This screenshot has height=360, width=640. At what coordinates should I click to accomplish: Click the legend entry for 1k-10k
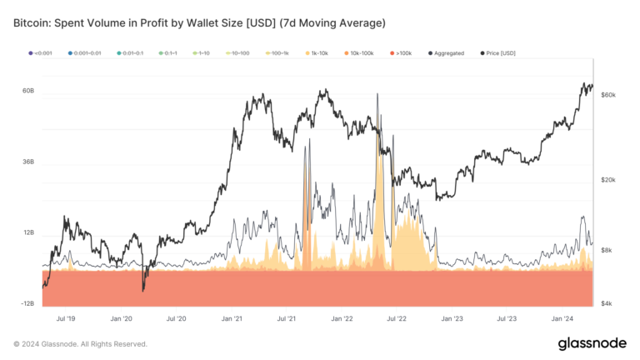point(318,52)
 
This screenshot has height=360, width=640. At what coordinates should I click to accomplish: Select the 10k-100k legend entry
point(362,52)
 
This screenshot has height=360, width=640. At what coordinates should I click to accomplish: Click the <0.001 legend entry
point(42,52)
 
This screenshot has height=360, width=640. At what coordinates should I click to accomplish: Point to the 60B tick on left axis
point(28,90)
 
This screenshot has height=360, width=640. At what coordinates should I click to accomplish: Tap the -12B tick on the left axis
point(27,304)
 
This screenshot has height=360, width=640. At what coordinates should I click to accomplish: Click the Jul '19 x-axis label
point(67,318)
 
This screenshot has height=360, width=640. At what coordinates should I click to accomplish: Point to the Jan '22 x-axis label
point(342,318)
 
